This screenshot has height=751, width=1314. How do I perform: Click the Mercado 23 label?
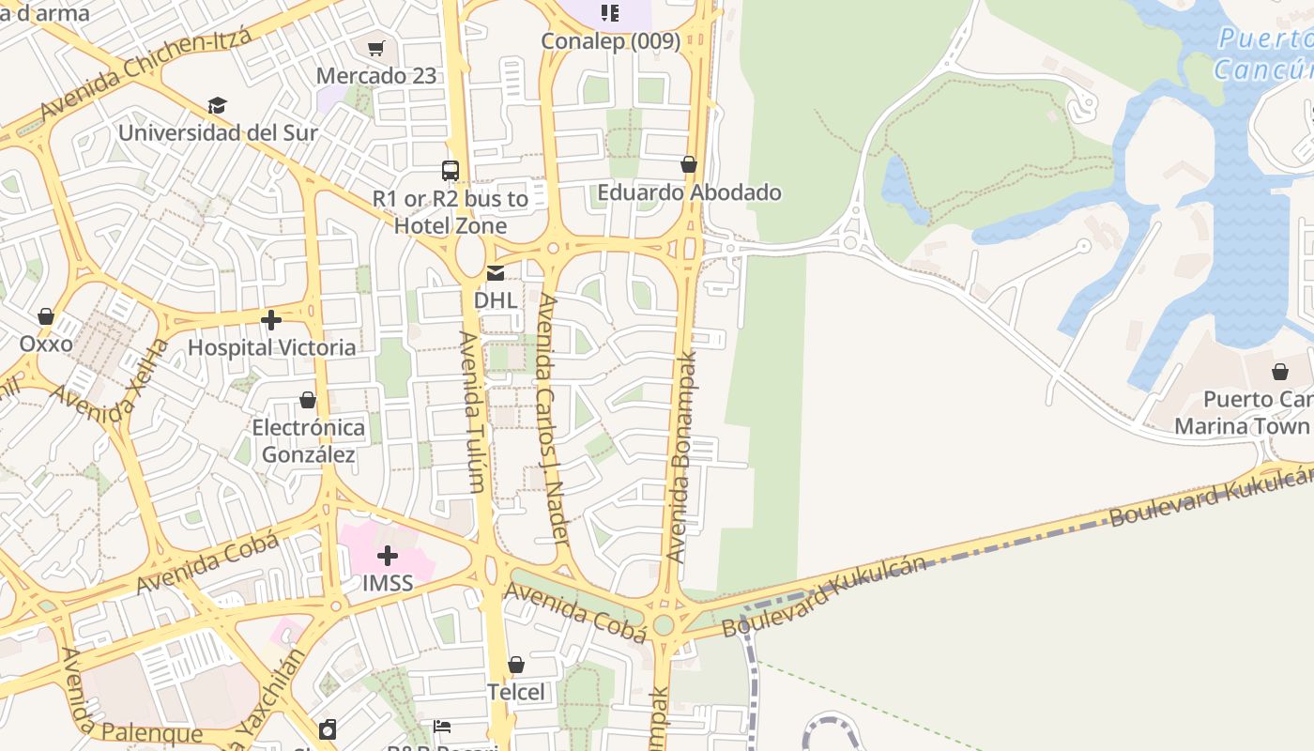pyautogui.click(x=376, y=76)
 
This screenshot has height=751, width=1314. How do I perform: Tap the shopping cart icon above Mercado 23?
pyautogui.click(x=376, y=48)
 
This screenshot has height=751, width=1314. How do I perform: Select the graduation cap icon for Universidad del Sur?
pyautogui.click(x=218, y=105)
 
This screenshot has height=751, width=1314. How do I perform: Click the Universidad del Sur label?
pyautogui.click(x=218, y=132)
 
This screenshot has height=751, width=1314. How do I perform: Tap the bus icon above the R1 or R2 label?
pyautogui.click(x=451, y=171)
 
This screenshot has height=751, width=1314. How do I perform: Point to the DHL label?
pyautogui.click(x=496, y=300)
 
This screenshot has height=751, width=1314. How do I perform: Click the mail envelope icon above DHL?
pyautogui.click(x=495, y=273)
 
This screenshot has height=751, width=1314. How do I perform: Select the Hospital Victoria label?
pyautogui.click(x=272, y=347)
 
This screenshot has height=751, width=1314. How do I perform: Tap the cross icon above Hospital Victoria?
pyautogui.click(x=271, y=320)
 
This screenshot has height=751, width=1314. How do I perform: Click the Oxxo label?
pyautogui.click(x=46, y=344)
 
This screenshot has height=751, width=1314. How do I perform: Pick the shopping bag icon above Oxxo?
pyautogui.click(x=46, y=316)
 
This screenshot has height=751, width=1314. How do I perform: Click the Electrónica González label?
pyautogui.click(x=308, y=441)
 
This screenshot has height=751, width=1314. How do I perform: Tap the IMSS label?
pyautogui.click(x=388, y=583)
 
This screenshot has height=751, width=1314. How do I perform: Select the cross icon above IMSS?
pyautogui.click(x=387, y=556)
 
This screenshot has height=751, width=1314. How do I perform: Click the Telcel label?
pyautogui.click(x=515, y=692)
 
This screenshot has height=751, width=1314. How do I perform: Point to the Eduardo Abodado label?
pyautogui.click(x=690, y=192)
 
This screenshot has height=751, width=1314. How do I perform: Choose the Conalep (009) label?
pyautogui.click(x=611, y=41)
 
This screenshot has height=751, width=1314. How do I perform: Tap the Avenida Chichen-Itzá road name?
pyautogui.click(x=145, y=75)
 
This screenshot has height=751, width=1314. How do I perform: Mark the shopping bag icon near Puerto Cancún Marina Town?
pyautogui.click(x=1280, y=372)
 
